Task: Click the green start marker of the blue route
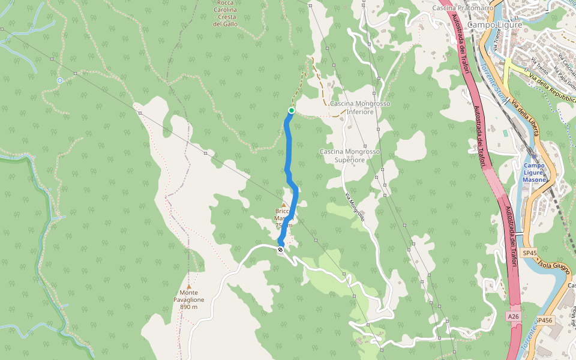point(292,110)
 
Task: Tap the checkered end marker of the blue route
point(280,250)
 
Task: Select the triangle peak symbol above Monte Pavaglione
point(189,287)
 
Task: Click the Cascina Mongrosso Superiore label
point(350,156)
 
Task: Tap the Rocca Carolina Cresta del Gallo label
point(226,13)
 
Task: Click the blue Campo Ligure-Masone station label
point(534,173)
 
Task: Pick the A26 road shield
point(512,316)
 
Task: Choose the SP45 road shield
point(529,253)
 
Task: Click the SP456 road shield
point(543,321)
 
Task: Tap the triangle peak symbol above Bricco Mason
point(284,205)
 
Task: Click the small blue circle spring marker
point(60,80)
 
